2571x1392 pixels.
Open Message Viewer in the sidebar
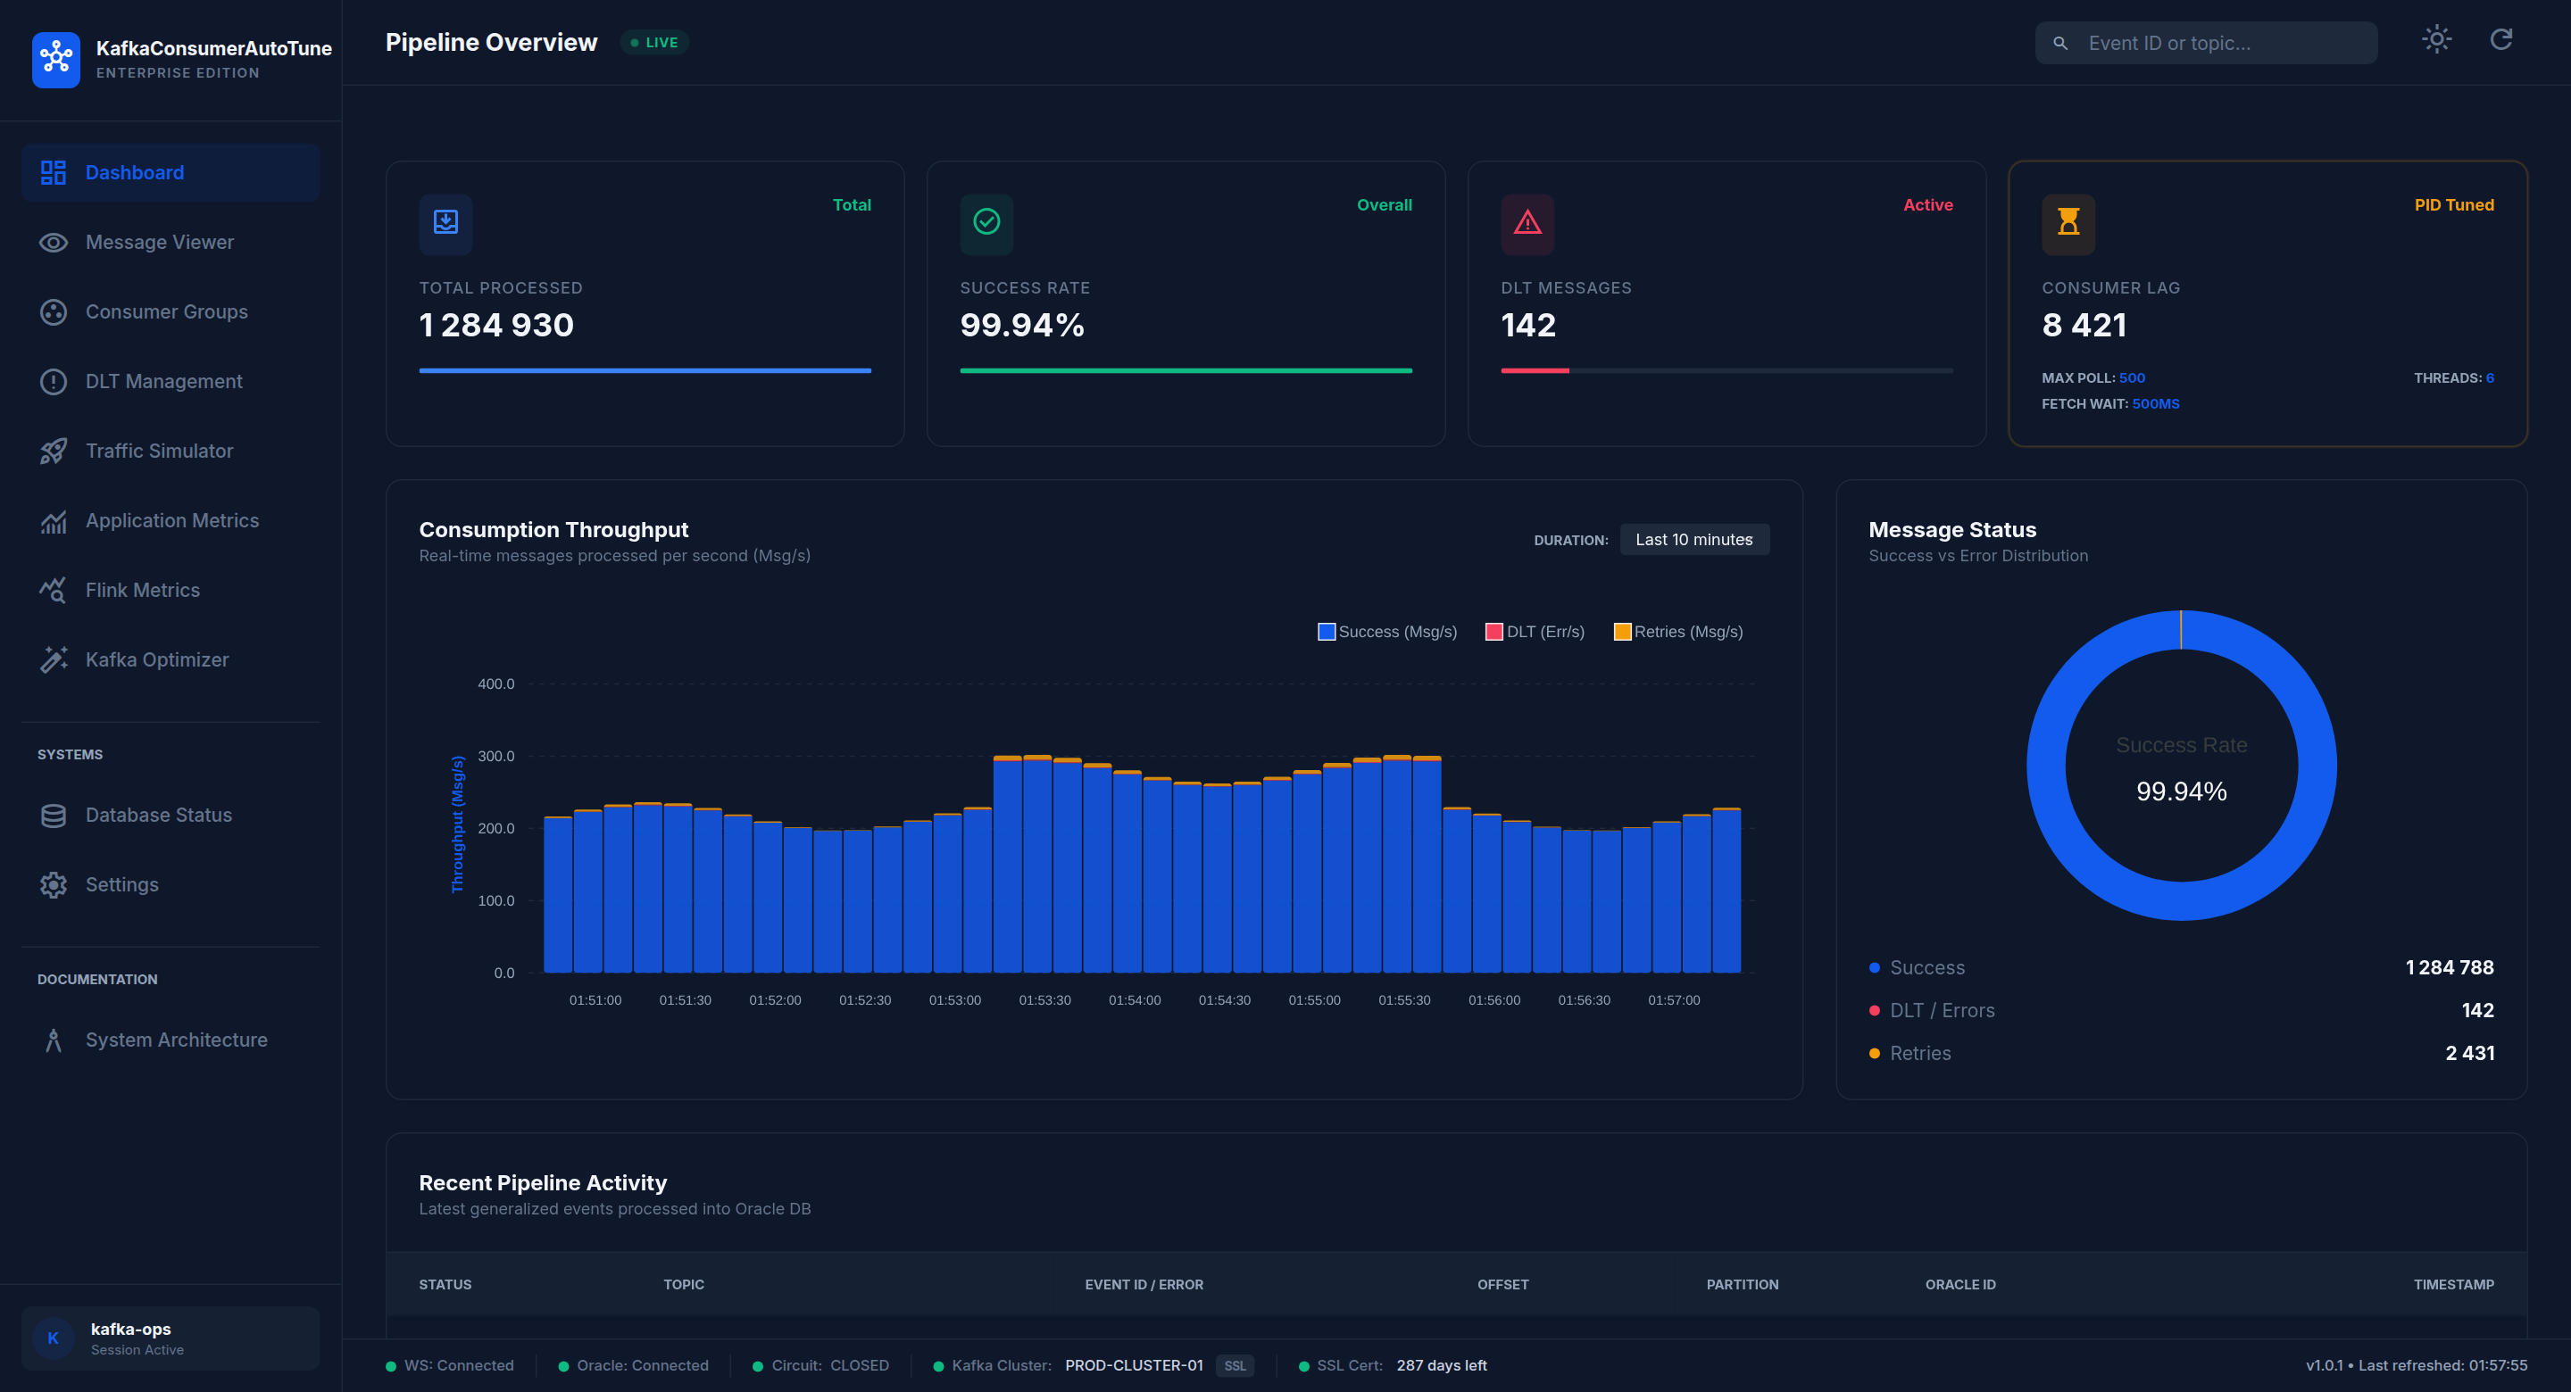[160, 243]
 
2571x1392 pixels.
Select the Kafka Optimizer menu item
[157, 659]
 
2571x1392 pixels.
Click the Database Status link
[159, 816]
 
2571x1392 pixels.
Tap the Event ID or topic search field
[2206, 43]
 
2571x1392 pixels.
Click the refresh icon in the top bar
[2500, 40]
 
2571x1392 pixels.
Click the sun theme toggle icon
[2436, 40]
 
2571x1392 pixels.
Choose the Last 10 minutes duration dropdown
[1693, 540]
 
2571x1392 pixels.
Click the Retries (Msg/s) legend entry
[1677, 632]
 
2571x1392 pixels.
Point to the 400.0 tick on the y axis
[496, 684]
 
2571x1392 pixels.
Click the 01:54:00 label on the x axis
[1135, 1000]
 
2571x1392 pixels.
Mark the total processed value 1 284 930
[496, 326]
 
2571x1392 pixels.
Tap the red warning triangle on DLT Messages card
[1527, 222]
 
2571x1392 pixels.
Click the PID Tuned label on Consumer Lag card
[2453, 204]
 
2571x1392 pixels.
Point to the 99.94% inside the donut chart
[2181, 791]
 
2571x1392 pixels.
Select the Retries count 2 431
[2469, 1053]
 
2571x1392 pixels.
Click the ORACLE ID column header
[1960, 1284]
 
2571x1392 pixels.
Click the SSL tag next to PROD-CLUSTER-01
[1235, 1366]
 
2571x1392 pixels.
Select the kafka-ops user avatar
[53, 1338]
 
